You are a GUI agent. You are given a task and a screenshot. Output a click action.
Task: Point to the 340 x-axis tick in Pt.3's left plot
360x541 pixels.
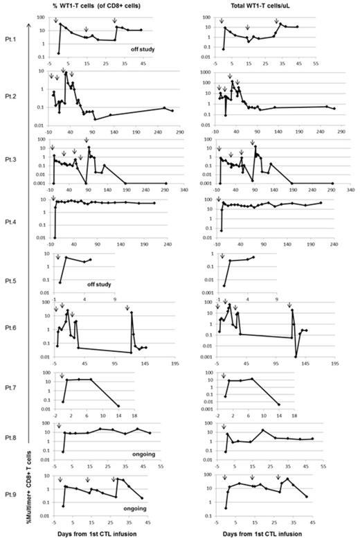[x=184, y=188]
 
